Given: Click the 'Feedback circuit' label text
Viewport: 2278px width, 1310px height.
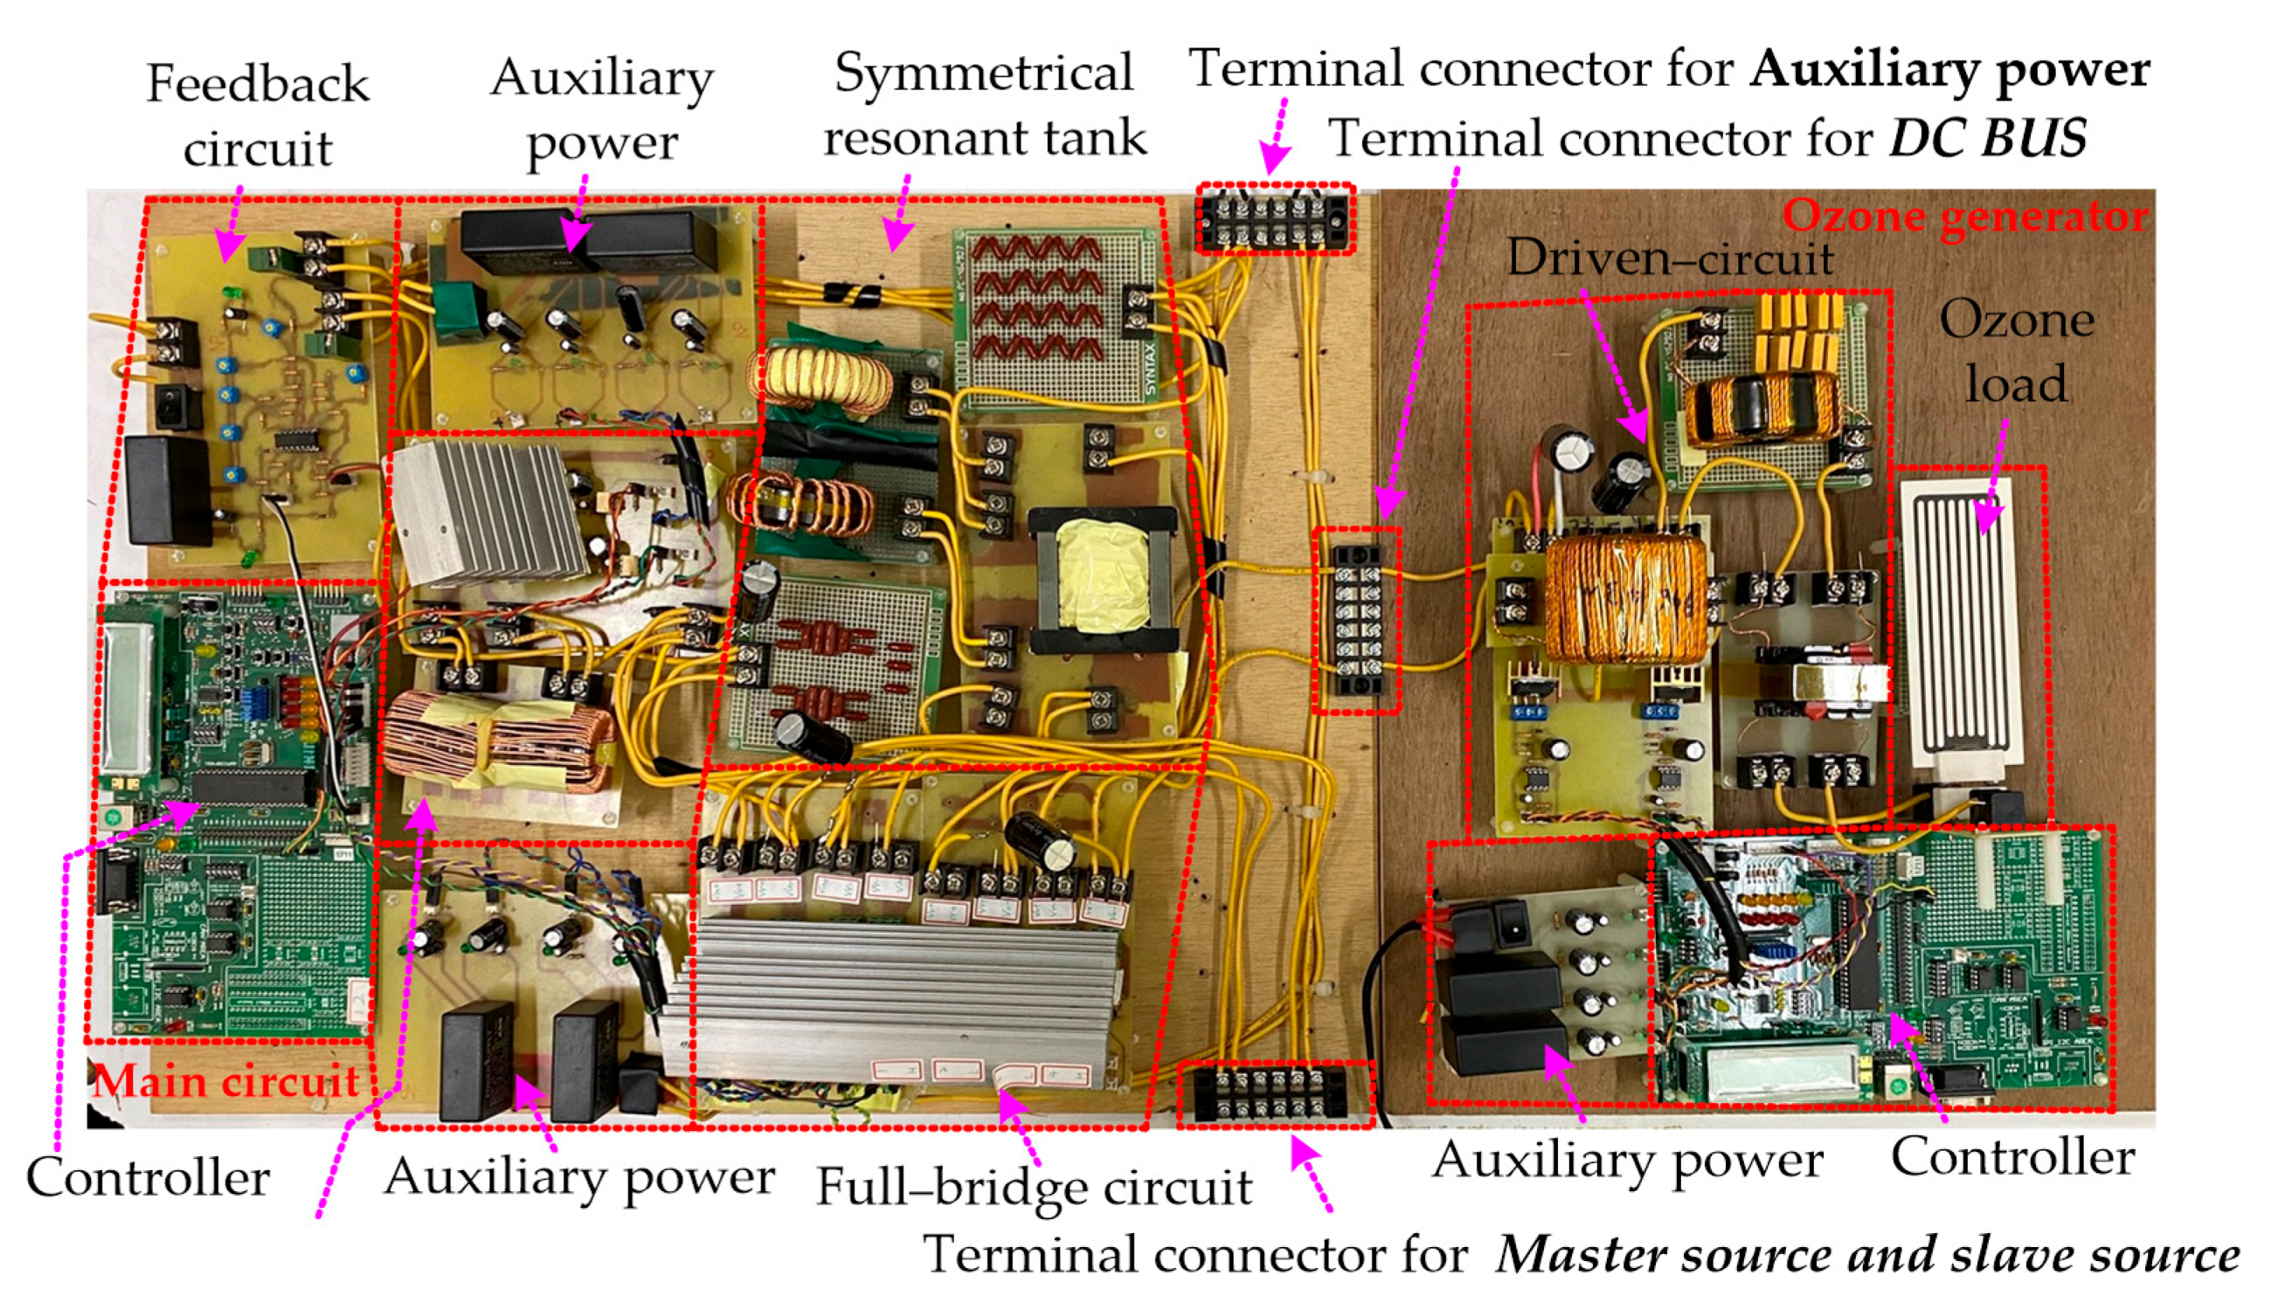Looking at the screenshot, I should click(258, 115).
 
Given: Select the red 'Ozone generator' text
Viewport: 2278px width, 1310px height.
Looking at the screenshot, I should click(1965, 217).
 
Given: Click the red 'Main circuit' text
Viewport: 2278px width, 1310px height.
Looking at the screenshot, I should click(226, 1080).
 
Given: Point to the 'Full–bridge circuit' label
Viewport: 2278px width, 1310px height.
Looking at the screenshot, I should click(1033, 1188).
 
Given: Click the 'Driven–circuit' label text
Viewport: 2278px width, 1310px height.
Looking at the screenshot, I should click(1671, 259).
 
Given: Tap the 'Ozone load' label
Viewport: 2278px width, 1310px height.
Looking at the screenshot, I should click(2016, 351).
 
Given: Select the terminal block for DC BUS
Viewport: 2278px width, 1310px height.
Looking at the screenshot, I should click(1356, 620).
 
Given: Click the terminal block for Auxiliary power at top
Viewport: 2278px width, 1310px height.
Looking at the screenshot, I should click(1276, 218).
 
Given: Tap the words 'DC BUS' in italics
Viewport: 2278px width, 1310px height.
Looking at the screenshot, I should click(1986, 140).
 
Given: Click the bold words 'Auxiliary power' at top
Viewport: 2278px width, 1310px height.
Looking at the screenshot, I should click(1949, 69).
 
